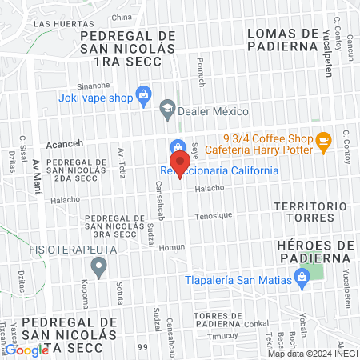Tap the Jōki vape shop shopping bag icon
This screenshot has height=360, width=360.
(x=143, y=94)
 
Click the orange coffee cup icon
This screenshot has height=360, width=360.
(x=323, y=141)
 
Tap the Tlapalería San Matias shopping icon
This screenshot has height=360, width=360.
(x=301, y=278)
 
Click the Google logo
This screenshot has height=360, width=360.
(x=26, y=350)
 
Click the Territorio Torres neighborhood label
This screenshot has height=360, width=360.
(x=302, y=212)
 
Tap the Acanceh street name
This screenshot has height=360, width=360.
(x=60, y=145)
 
